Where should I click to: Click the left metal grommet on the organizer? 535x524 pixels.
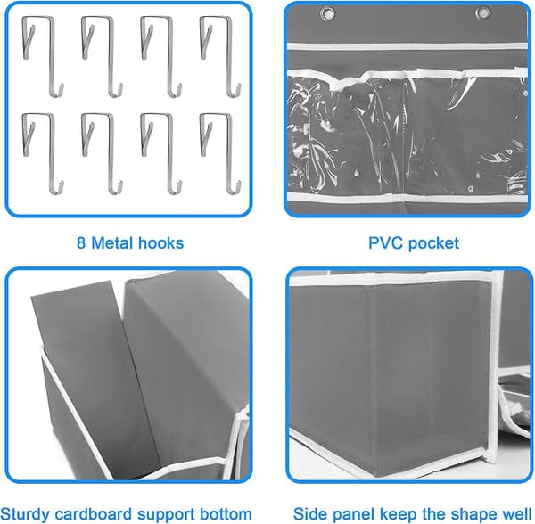(x=327, y=13)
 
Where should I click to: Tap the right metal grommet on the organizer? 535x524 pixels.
(x=481, y=13)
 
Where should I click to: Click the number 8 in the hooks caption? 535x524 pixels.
(x=81, y=243)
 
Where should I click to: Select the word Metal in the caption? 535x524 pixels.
(x=111, y=243)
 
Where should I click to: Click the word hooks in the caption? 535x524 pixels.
(x=161, y=243)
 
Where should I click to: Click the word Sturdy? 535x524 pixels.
(x=25, y=514)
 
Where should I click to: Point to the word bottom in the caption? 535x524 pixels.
(x=226, y=514)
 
